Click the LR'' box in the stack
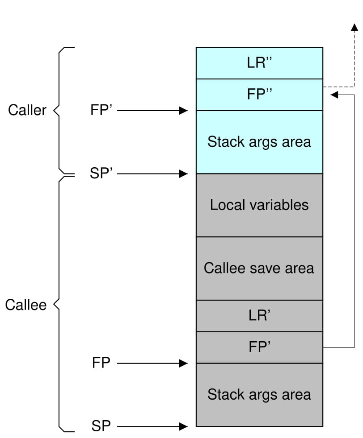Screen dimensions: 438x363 pos(259,63)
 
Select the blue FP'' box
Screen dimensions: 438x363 pos(259,95)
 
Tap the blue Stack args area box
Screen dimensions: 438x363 pos(259,142)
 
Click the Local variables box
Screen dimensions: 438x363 pos(259,205)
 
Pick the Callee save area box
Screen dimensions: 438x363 pos(259,268)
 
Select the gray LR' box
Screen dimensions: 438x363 pos(259,315)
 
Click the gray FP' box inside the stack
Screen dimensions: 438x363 pos(259,347)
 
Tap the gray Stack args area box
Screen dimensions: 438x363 pos(259,395)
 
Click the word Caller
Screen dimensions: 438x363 pos(27,110)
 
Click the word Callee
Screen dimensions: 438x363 pos(25,305)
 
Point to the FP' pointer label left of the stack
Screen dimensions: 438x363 pos(101,110)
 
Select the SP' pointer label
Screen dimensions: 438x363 pos(101,174)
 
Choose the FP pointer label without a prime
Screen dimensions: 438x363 pos(101,363)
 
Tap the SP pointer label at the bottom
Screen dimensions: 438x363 pos(101,426)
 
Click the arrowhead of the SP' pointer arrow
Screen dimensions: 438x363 pos(184,174)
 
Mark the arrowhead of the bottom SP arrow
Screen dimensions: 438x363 pos(184,426)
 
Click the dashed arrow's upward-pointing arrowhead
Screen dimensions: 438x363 pos(354,28)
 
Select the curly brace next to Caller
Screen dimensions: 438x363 pos(60,109)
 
